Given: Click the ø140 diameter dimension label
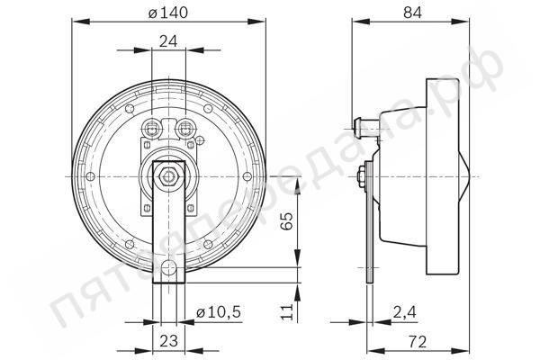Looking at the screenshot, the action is [x=168, y=13].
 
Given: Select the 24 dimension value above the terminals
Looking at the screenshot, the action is [x=168, y=41].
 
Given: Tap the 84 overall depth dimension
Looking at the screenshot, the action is [x=412, y=13].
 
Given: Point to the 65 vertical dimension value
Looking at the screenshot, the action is [x=286, y=220].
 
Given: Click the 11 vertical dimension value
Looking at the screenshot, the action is [x=286, y=311].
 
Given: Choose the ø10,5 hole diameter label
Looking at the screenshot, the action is [x=219, y=312].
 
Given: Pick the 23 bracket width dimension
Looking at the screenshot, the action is [x=169, y=341].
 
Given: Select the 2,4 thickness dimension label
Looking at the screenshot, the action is [x=405, y=312].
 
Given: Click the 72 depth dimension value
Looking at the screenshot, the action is [x=418, y=341].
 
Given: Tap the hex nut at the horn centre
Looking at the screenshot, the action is [x=168, y=176].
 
